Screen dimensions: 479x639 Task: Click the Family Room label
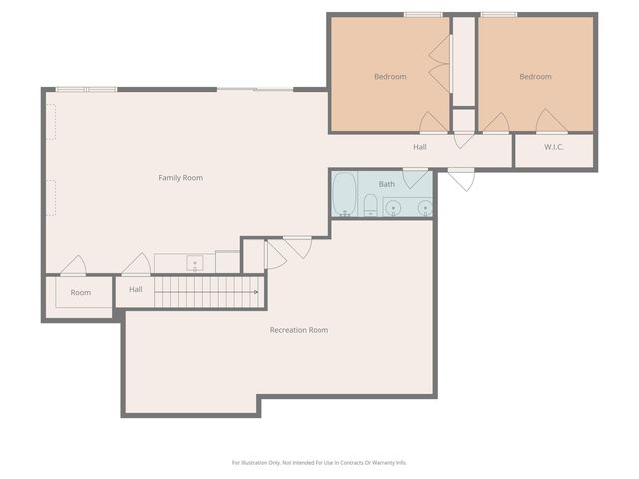click(180, 178)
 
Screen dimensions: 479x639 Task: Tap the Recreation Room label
click(299, 330)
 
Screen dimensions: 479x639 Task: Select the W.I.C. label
click(554, 148)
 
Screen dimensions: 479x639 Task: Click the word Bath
click(386, 184)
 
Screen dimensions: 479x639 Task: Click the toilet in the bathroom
click(370, 206)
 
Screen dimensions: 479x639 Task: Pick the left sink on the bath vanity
click(394, 208)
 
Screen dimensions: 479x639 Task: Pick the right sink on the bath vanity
click(425, 208)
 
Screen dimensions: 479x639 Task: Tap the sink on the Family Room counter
click(195, 264)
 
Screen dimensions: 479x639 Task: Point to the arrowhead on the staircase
click(256, 292)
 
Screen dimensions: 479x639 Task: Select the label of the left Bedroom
click(390, 77)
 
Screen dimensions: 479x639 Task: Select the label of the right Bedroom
click(535, 77)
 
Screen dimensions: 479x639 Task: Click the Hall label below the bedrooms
click(420, 148)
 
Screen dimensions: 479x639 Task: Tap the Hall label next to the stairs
click(135, 290)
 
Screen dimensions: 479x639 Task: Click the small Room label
click(80, 293)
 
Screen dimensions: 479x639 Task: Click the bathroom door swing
click(415, 179)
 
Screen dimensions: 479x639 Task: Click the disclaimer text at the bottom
click(319, 462)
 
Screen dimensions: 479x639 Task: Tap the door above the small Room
click(73, 267)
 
